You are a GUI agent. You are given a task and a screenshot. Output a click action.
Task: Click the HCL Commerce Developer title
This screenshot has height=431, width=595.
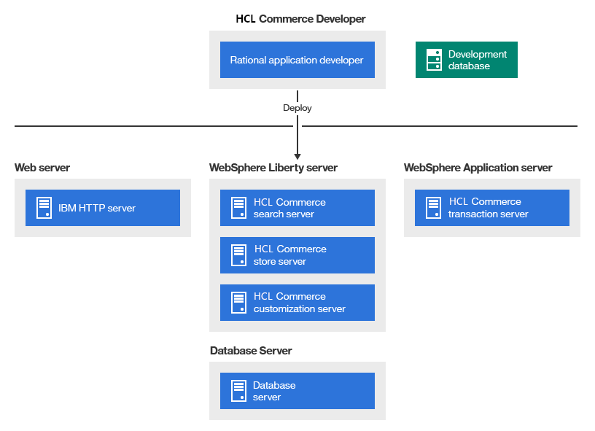300,18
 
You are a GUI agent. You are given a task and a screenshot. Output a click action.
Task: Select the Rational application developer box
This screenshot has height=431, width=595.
297,60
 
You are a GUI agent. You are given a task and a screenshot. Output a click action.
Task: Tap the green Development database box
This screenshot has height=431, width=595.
466,60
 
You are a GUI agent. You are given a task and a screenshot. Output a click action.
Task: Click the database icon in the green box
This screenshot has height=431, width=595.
434,60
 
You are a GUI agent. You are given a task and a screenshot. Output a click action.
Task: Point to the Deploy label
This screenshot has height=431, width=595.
297,108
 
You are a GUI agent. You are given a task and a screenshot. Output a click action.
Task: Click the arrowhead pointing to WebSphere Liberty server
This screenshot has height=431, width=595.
297,155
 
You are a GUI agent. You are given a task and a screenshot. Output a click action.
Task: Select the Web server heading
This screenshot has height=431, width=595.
42,168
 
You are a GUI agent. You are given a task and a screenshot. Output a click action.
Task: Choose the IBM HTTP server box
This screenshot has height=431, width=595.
102,208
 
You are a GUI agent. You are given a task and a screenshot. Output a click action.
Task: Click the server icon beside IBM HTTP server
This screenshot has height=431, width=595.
44,208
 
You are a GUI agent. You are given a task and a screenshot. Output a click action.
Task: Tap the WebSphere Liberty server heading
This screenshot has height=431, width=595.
273,168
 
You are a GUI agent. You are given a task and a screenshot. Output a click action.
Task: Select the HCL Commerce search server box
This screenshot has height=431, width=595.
297,208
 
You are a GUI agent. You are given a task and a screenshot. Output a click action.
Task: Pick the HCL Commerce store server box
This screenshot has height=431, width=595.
297,255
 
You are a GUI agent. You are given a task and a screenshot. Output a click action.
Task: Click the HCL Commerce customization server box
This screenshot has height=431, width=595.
297,303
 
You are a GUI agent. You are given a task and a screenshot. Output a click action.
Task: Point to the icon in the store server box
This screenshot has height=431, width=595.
238,255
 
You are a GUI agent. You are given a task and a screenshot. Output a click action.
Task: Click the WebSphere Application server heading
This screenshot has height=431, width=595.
478,168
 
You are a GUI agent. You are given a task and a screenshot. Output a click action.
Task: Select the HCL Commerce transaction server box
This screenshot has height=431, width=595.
491,208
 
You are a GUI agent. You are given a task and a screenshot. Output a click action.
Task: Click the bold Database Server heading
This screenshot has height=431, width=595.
251,351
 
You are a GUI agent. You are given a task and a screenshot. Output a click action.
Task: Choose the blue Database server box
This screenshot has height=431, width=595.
297,391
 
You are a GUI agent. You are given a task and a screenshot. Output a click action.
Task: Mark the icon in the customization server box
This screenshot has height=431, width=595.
238,303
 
